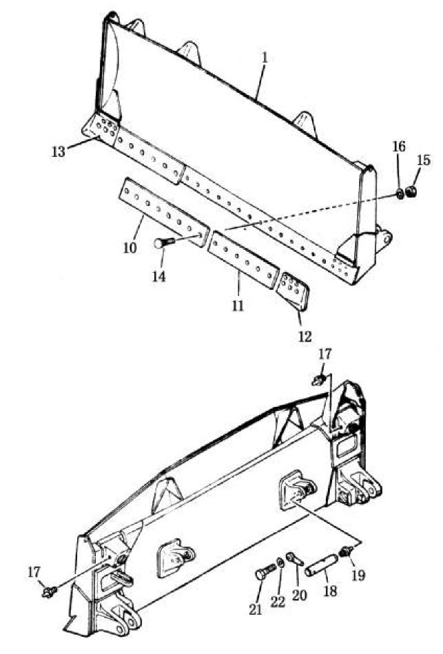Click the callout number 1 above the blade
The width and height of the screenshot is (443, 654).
click(265, 58)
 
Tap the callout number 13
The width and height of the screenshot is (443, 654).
click(59, 151)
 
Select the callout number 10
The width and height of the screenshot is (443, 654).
click(130, 247)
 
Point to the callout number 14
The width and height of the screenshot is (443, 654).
click(158, 276)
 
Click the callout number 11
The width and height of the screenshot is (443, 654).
click(238, 305)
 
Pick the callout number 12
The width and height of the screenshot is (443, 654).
click(305, 336)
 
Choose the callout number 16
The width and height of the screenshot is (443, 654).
click(399, 147)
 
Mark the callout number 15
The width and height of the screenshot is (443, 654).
click(424, 160)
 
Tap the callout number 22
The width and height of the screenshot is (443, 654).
click(278, 602)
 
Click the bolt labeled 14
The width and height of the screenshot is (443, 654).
click(166, 242)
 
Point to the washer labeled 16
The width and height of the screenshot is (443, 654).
click(399, 194)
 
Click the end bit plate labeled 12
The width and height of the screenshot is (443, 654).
click(293, 291)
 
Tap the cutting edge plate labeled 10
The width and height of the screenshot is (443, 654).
click(164, 212)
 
